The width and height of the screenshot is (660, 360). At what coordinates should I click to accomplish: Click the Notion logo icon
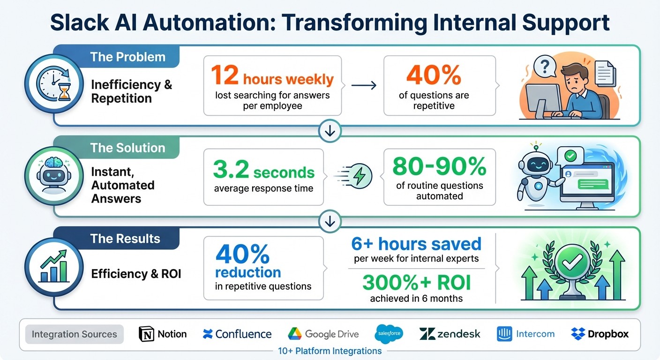[x=147, y=334]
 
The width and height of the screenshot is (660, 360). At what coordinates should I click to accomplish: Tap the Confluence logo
[x=208, y=334]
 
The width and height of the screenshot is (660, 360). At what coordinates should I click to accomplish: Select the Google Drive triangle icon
[x=295, y=334]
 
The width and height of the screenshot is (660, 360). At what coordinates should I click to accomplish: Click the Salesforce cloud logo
[x=389, y=334]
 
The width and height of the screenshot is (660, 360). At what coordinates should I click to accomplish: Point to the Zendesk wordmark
[x=458, y=334]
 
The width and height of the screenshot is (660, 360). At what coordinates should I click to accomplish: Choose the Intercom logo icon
[x=504, y=334]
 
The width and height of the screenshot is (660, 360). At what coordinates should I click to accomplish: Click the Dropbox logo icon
[x=578, y=334]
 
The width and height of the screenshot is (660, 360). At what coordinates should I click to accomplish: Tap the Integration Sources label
[x=74, y=334]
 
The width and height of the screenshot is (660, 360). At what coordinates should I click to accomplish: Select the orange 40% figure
[x=434, y=75]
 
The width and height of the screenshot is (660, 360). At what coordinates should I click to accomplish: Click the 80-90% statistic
[x=439, y=166]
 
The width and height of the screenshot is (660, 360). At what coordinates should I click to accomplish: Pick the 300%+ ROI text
[x=416, y=283]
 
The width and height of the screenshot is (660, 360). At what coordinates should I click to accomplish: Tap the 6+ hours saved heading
[x=416, y=244]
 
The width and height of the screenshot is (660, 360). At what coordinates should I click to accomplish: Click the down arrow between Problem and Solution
[x=330, y=132]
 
